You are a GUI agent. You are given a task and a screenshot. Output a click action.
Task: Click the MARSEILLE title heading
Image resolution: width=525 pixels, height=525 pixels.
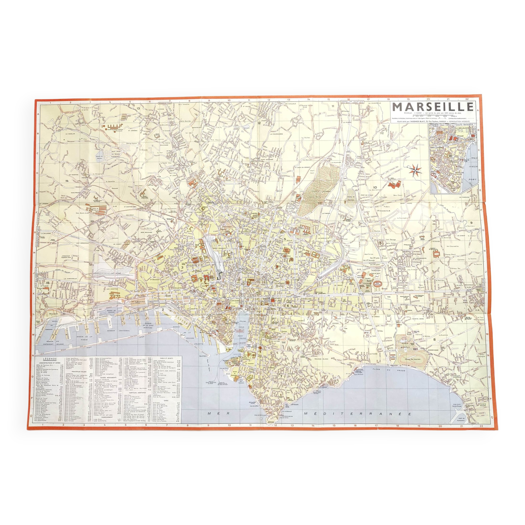pyautogui.click(x=433, y=107)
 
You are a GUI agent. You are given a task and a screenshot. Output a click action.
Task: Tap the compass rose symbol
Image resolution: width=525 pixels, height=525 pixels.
pyautogui.click(x=415, y=170)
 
